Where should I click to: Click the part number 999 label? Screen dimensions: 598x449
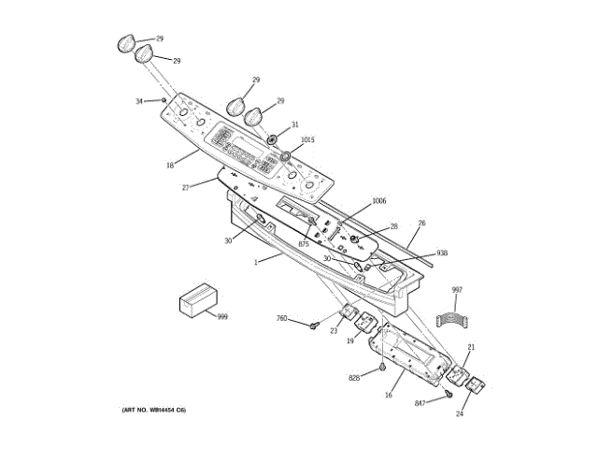[x=222, y=317]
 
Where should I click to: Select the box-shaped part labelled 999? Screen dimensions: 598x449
[x=197, y=301]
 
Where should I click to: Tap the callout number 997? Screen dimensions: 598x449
[x=457, y=290]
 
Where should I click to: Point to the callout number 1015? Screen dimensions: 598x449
[x=307, y=140]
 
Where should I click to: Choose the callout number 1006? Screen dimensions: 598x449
[x=378, y=201]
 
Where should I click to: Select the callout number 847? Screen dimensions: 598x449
[x=421, y=402]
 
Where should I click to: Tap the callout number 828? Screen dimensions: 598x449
[x=354, y=378]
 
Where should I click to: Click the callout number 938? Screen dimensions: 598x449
[x=442, y=253]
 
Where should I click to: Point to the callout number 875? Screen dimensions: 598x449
[x=303, y=243]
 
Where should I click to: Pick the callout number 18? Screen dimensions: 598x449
[x=170, y=166]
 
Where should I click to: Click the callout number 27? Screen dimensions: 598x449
[x=186, y=188]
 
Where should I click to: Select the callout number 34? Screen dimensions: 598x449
[x=139, y=101]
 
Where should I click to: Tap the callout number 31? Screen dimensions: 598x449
[x=294, y=124]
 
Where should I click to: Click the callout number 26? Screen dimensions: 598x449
[x=422, y=223]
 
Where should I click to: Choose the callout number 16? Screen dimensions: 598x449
[x=388, y=396]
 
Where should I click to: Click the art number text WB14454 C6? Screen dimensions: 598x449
[x=153, y=411]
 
